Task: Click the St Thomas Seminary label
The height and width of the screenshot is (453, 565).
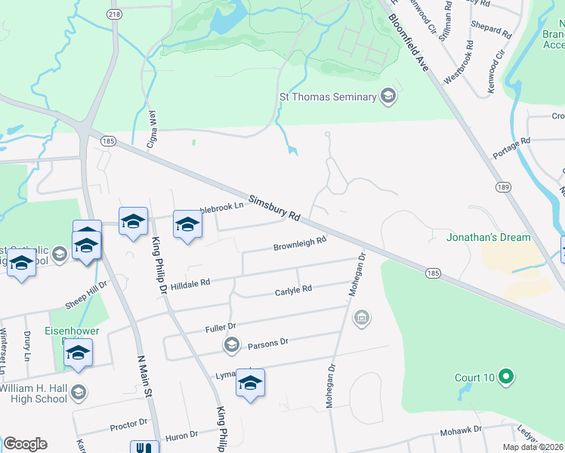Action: coord(328,97)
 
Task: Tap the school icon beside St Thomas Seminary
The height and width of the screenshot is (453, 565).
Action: coord(388,96)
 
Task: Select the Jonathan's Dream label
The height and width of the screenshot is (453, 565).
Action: coord(488,237)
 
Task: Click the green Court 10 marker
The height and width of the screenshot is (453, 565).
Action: coord(507,376)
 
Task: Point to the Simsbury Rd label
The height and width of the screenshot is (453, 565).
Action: coord(274,205)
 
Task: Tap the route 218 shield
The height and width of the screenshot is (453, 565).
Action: coord(115,14)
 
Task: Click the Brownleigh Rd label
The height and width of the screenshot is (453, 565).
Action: coord(299,244)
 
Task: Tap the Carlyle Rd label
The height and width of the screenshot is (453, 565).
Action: coord(293,290)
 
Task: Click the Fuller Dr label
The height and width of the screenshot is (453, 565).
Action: coord(221,328)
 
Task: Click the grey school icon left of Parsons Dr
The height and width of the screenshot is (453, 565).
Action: coord(231,345)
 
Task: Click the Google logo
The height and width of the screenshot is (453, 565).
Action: coord(25,444)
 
